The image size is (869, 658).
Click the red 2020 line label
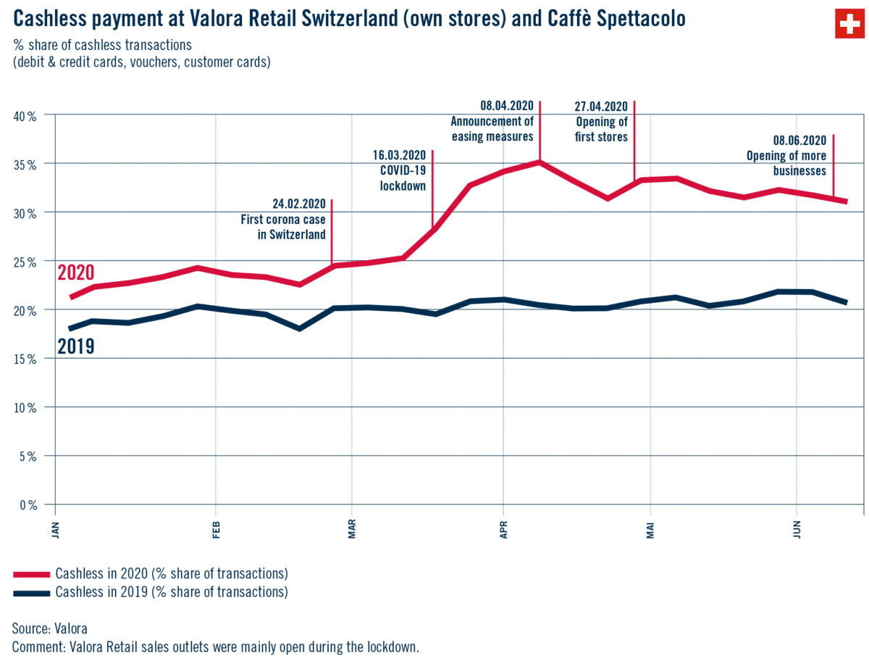tap(76, 272)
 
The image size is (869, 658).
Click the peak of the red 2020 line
tap(540, 162)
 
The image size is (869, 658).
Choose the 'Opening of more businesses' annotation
tap(786, 155)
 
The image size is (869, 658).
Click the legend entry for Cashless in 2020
tap(171, 573)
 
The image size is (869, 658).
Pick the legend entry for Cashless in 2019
tap(171, 593)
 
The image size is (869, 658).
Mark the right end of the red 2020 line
tap(846, 201)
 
